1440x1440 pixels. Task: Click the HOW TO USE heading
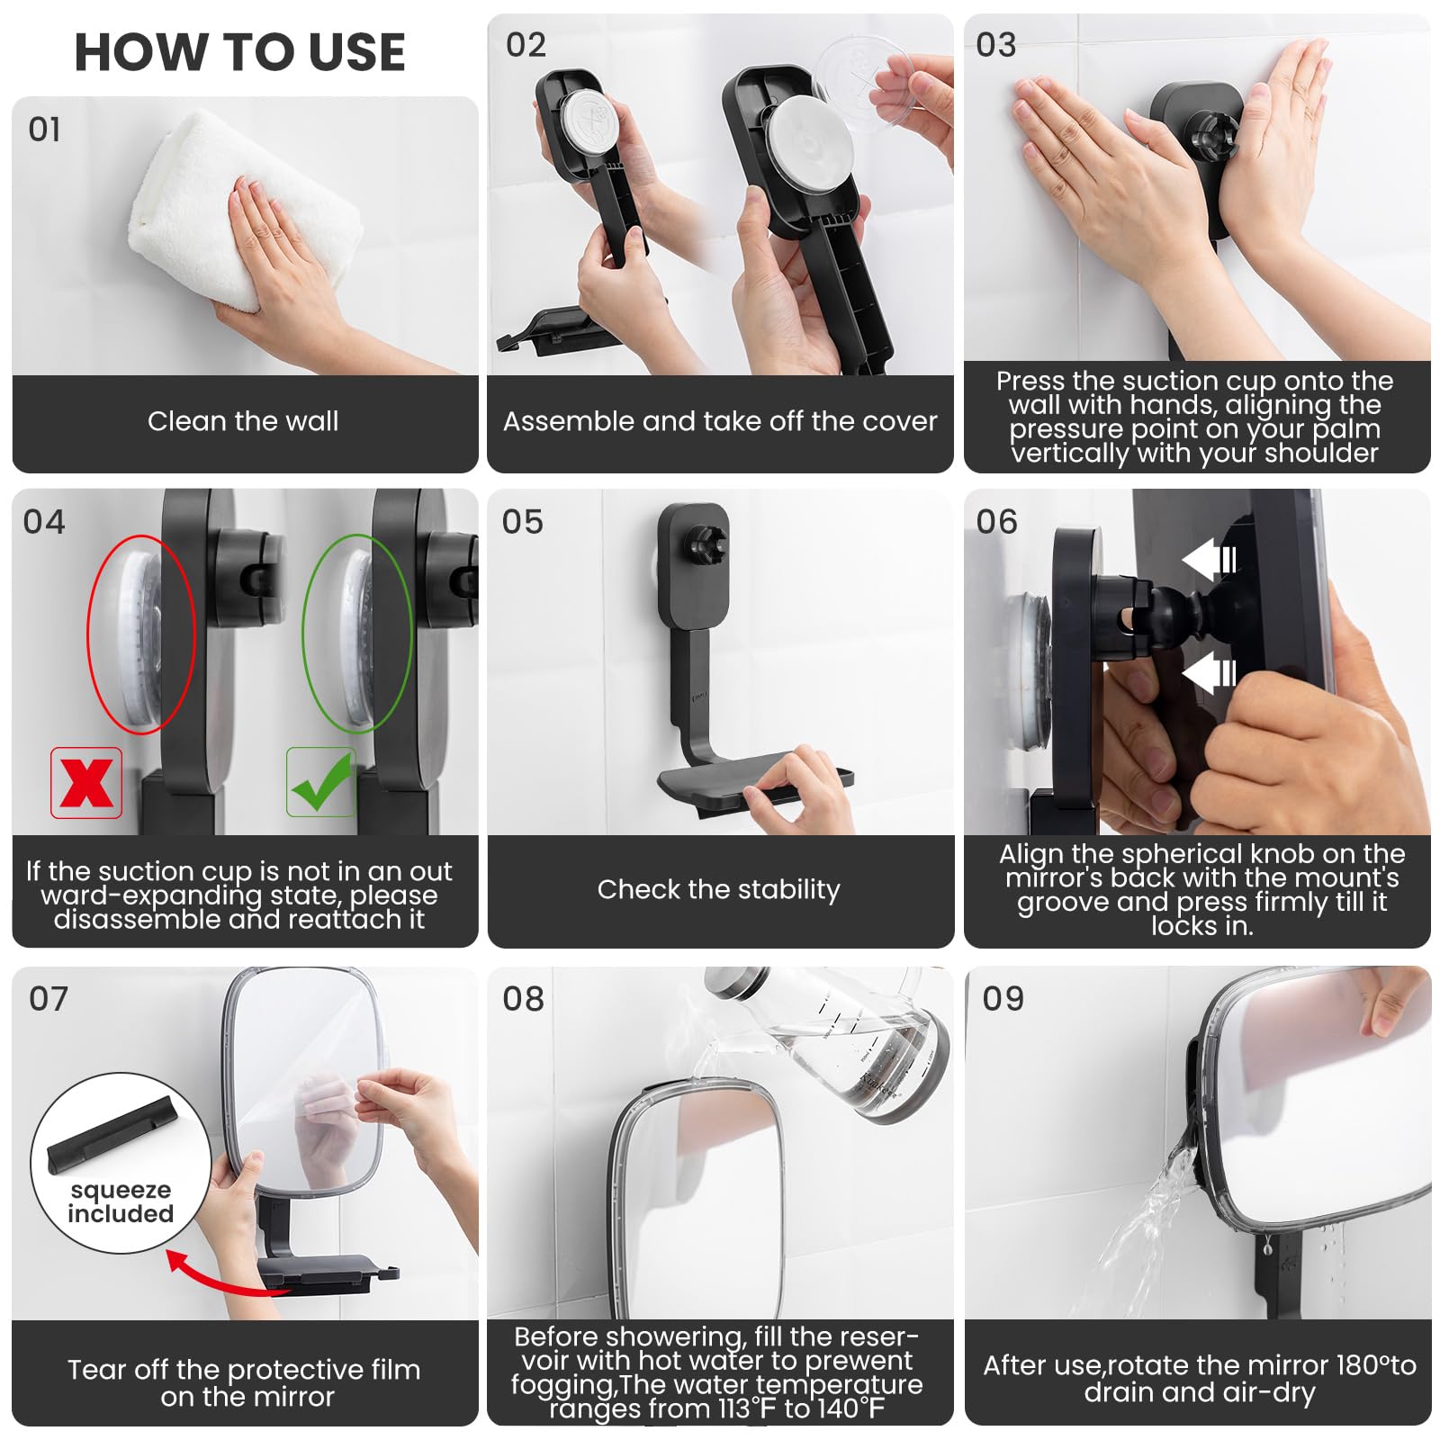pos(239,52)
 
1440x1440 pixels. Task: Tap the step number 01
pos(45,130)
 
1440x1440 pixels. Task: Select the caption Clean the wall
pos(243,421)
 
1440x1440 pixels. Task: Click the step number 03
pos(996,45)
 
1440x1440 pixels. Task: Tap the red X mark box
pos(86,782)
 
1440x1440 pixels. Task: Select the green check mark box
pos(321,782)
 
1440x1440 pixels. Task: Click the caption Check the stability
pos(718,889)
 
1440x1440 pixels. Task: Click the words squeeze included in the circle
pos(121,1202)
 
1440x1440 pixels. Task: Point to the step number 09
pos(1003,999)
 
